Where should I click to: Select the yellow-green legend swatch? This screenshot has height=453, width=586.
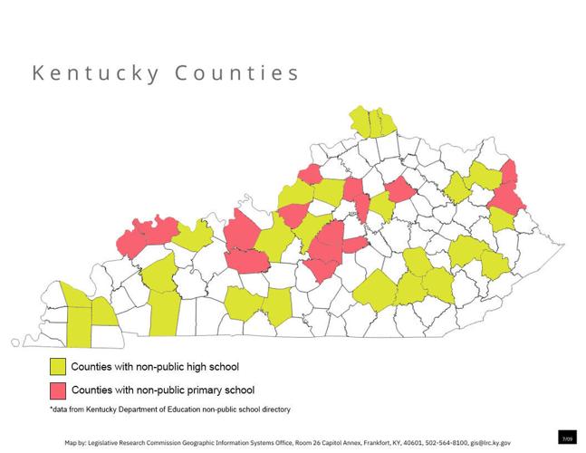(58, 367)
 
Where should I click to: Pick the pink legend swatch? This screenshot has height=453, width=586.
(58, 390)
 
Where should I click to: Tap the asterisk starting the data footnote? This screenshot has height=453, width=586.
(52, 410)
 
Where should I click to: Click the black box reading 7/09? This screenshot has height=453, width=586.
(567, 439)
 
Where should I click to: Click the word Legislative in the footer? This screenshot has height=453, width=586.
(105, 443)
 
